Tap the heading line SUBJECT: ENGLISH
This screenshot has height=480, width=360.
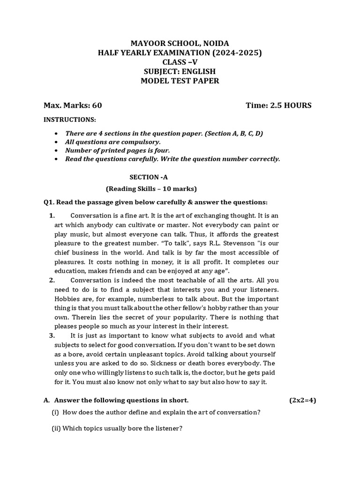[180, 72]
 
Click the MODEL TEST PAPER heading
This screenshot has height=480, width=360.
[180, 81]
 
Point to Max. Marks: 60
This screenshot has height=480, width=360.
[73, 105]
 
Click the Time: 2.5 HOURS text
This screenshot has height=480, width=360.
[278, 105]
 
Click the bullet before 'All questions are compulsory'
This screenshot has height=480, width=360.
[57, 142]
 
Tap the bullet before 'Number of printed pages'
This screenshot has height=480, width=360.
[57, 150]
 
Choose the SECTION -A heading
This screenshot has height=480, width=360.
[148, 177]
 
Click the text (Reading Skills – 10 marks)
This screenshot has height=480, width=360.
[151, 189]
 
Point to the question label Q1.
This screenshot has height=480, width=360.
[49, 202]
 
